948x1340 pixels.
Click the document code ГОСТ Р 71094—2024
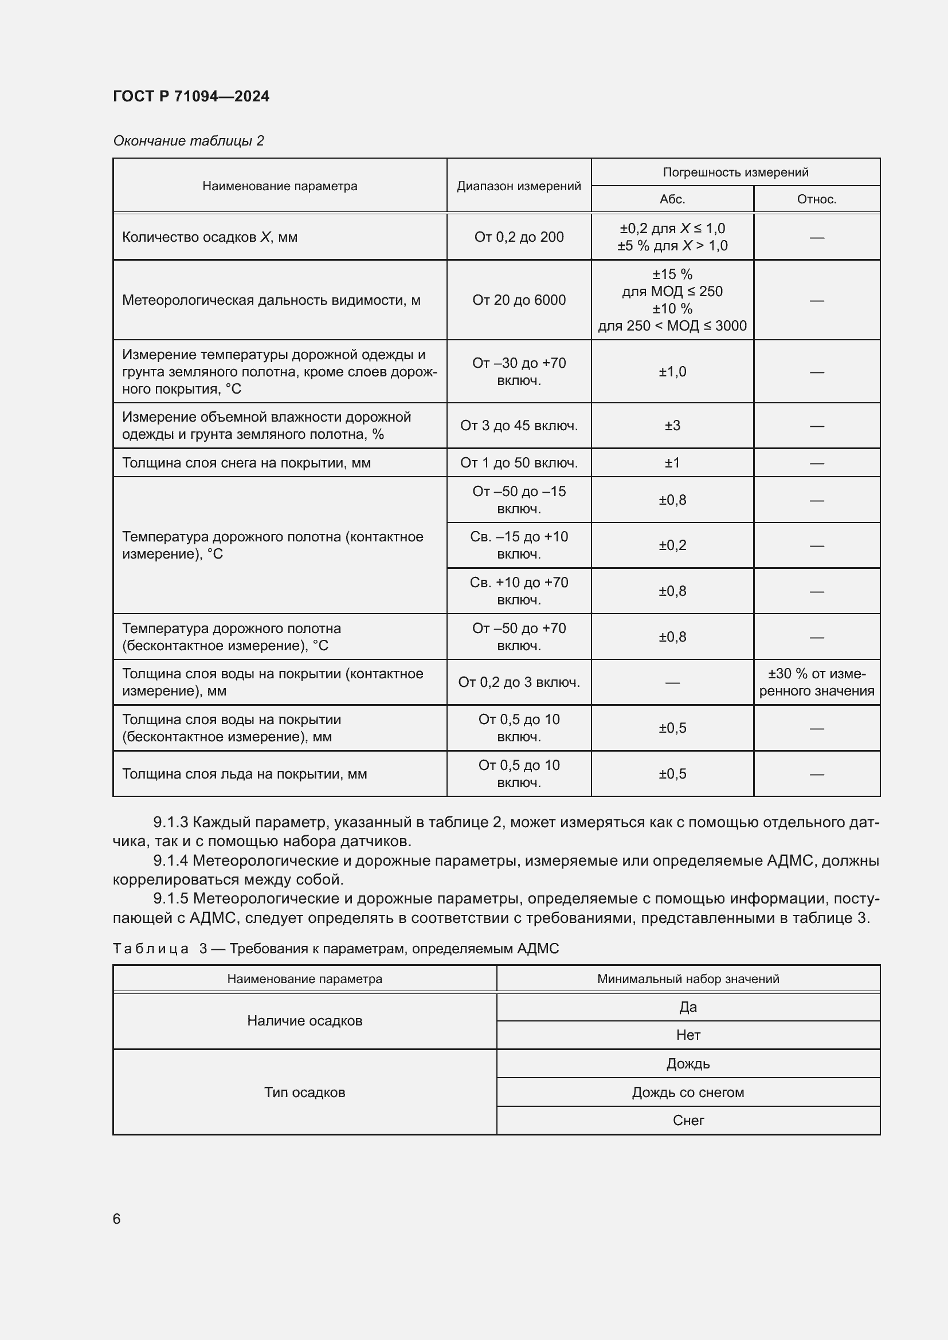191,96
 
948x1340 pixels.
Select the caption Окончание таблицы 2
188,141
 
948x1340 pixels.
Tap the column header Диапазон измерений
518,186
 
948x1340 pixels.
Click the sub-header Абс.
672,199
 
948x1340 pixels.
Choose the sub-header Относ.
816,199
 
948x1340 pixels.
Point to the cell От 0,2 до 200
518,237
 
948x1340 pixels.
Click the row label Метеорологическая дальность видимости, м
271,300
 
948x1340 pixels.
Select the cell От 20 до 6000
518,300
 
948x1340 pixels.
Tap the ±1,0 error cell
672,372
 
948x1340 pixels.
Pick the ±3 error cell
672,426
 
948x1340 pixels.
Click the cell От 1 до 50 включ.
518,463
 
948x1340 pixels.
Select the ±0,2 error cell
672,545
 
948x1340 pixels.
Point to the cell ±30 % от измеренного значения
816,682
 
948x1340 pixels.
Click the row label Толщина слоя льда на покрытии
244,774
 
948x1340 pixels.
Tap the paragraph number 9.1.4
170,860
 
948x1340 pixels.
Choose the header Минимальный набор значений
688,979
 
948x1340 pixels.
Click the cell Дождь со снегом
688,1092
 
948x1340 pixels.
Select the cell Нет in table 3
688,1035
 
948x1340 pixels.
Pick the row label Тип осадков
304,1092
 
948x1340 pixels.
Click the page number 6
117,1219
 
